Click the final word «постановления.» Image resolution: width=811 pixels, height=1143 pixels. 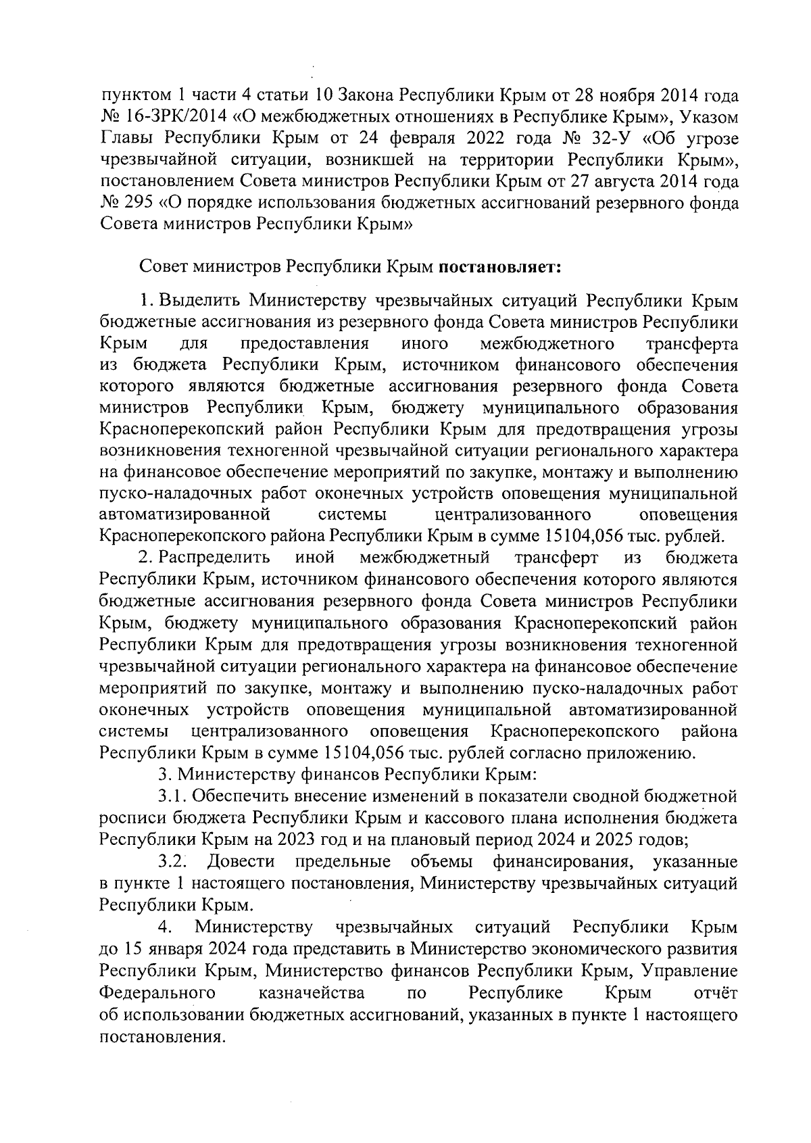point(162,1037)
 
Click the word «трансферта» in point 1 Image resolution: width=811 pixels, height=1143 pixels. point(692,343)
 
